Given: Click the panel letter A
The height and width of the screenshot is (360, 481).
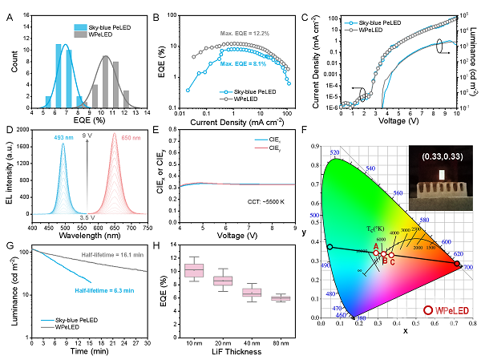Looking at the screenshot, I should pos(9,10).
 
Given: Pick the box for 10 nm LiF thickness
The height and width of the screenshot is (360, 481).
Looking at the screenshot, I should pos(194,270).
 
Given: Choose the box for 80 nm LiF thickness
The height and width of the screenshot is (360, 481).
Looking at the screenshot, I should pos(280,298).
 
